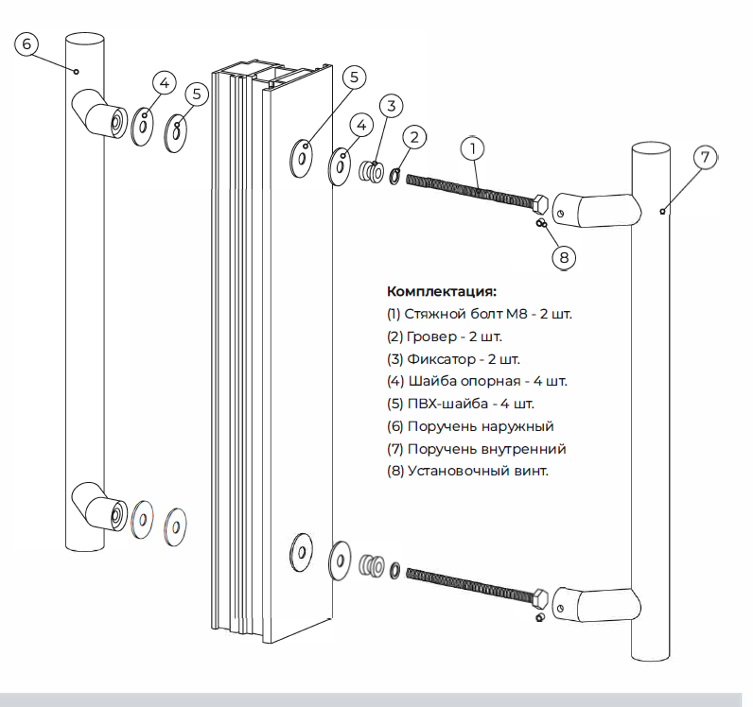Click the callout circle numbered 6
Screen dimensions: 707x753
tap(26, 43)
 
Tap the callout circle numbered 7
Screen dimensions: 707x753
tap(706, 158)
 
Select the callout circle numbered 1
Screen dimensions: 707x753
tap(473, 148)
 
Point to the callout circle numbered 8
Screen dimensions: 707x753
tap(564, 256)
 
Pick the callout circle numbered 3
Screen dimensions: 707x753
tap(394, 105)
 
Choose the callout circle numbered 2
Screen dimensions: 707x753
tap(413, 137)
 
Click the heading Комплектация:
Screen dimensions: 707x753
tap(442, 292)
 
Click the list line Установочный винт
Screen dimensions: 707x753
tap(468, 471)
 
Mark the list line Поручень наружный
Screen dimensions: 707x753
tap(470, 426)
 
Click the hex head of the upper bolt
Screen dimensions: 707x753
tap(541, 204)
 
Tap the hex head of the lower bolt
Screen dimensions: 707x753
tap(541, 597)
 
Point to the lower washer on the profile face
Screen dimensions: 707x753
tap(302, 551)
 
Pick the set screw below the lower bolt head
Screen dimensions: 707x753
tap(539, 618)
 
